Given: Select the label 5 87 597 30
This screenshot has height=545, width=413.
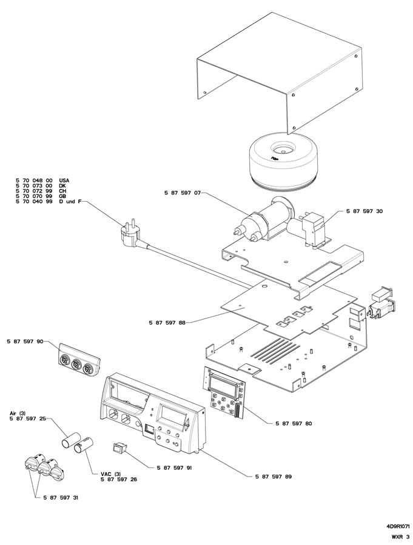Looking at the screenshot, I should point(364,211).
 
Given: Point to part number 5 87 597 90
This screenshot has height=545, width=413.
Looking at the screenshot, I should point(25,342).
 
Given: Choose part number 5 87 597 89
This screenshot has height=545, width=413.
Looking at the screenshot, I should point(274,477).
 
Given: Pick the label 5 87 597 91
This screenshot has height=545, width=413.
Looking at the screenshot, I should point(175,467).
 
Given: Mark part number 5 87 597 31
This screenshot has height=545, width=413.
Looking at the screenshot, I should point(60,497).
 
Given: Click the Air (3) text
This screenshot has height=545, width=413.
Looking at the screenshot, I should point(17,413).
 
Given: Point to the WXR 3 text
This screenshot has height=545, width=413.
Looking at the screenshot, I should point(400,537).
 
